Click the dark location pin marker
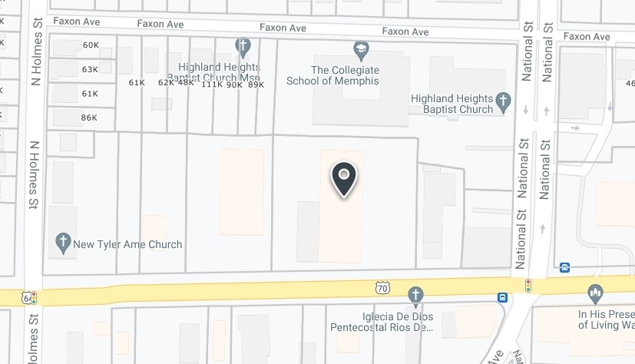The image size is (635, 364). (x=344, y=178)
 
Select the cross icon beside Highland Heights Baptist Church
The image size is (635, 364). (x=503, y=100)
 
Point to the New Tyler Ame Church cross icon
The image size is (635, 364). (x=64, y=244)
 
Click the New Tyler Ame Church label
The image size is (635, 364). (x=127, y=245)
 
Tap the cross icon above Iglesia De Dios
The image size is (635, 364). (x=415, y=295)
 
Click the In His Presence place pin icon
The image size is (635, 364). (x=594, y=293)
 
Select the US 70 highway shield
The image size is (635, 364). (x=382, y=287)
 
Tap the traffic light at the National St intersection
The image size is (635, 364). (x=528, y=286)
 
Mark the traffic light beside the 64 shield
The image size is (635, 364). (x=34, y=297)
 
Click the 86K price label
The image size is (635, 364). (x=89, y=117)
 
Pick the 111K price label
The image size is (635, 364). (x=211, y=84)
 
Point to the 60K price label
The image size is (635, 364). (x=91, y=45)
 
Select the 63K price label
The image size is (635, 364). (x=90, y=69)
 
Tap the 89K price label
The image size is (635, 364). (x=256, y=84)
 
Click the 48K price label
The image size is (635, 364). (x=186, y=82)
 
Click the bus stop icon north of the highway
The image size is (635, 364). (x=565, y=267)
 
